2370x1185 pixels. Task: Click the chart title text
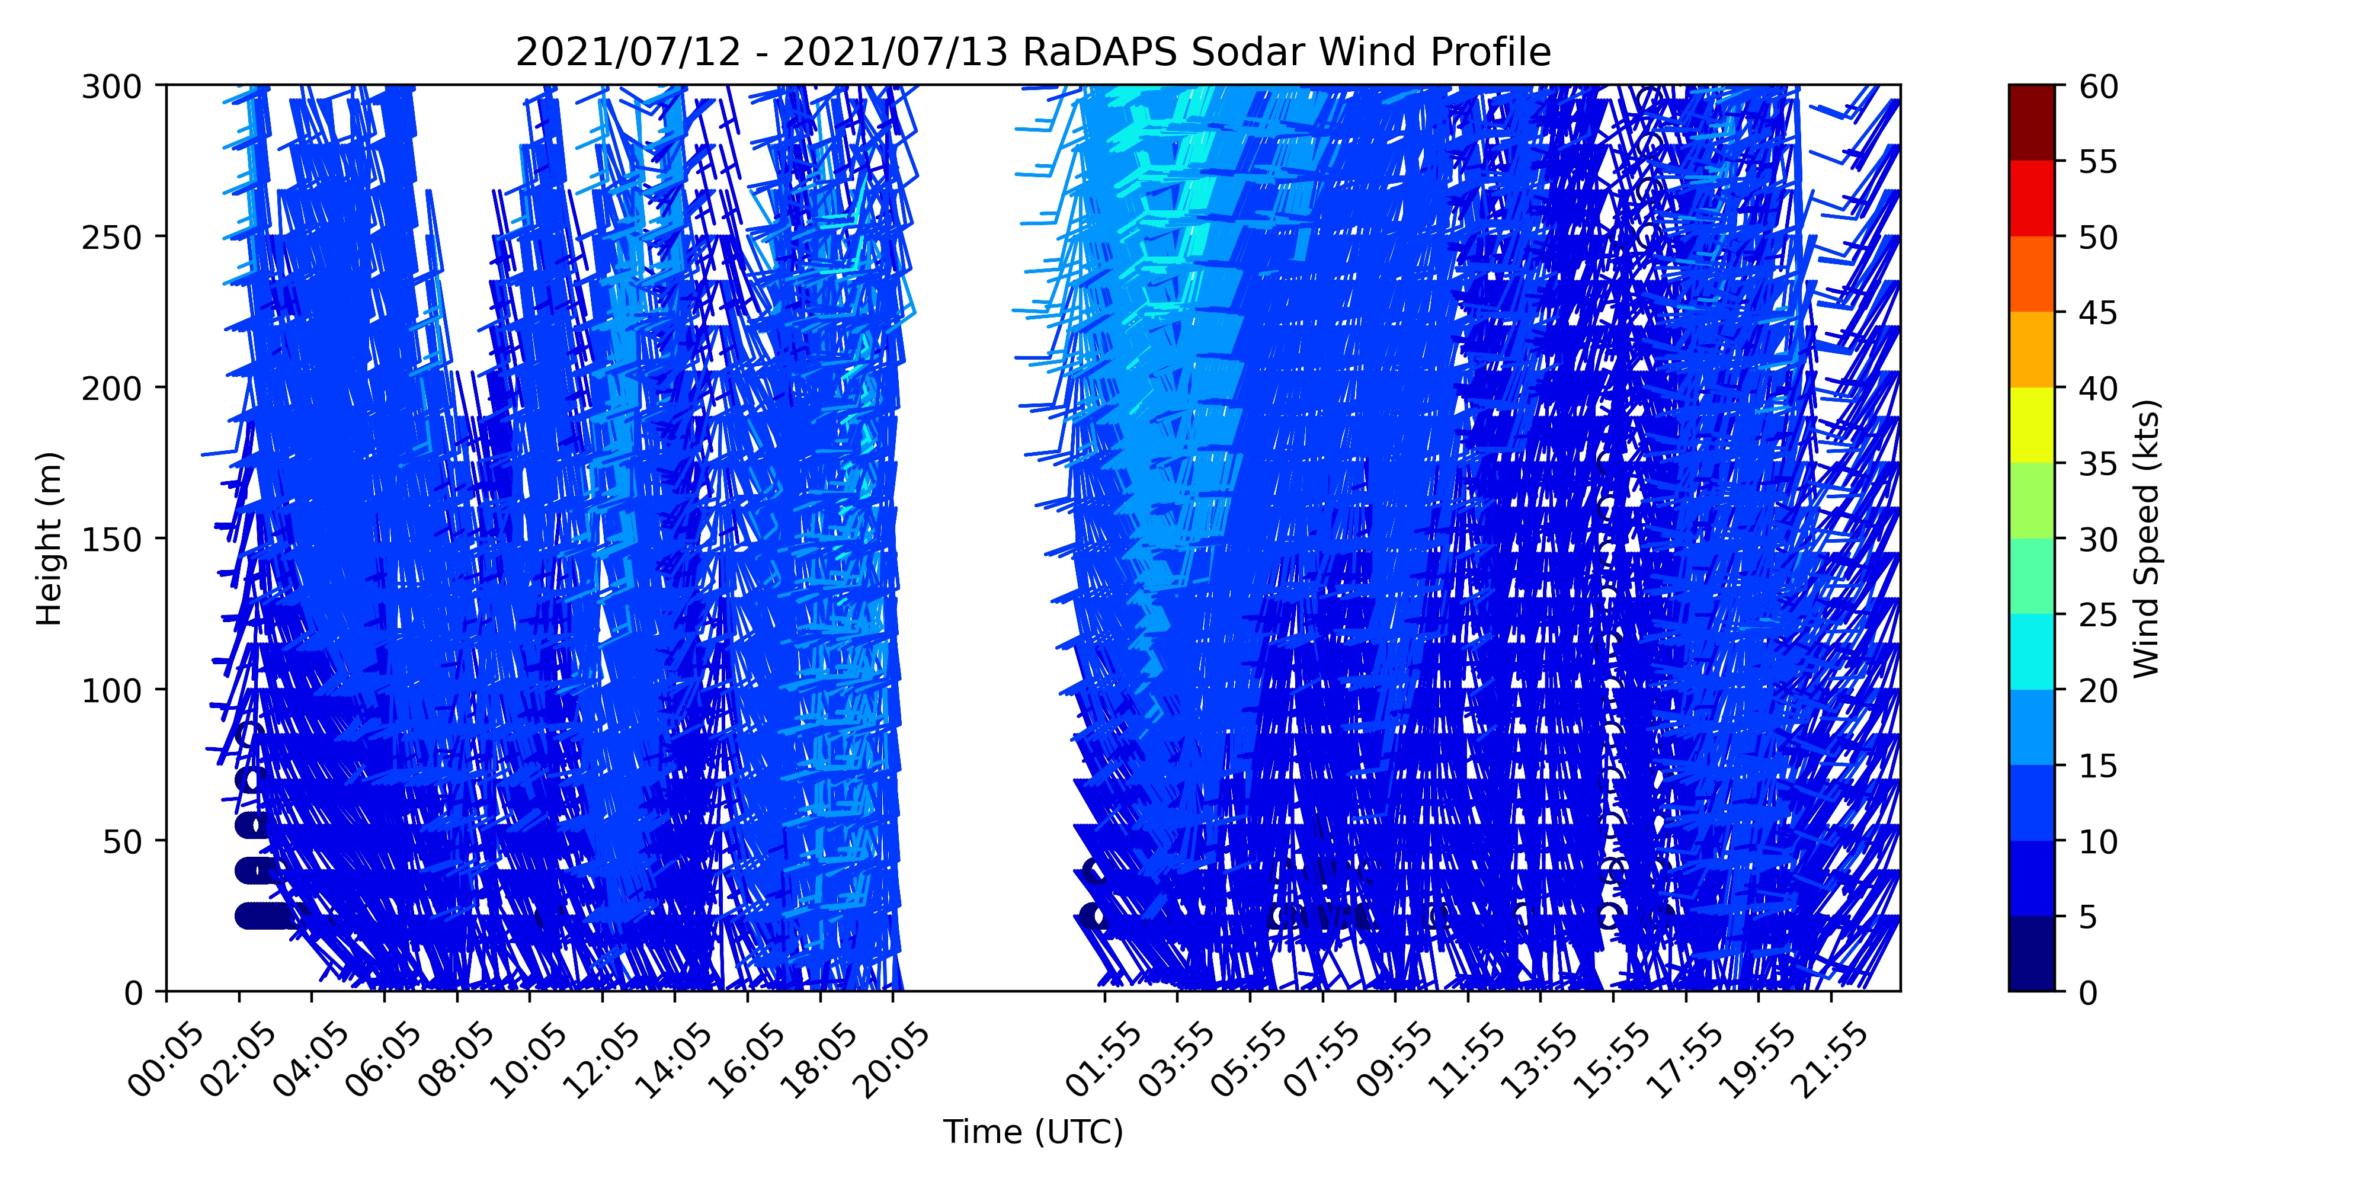pyautogui.click(x=1033, y=53)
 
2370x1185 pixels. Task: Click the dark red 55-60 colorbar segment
pyautogui.click(x=2032, y=123)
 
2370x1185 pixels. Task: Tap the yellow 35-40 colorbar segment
pyautogui.click(x=2032, y=425)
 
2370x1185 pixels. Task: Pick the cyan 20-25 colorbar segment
pyautogui.click(x=2032, y=651)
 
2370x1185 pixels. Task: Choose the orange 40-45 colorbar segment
pyautogui.click(x=2032, y=350)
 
